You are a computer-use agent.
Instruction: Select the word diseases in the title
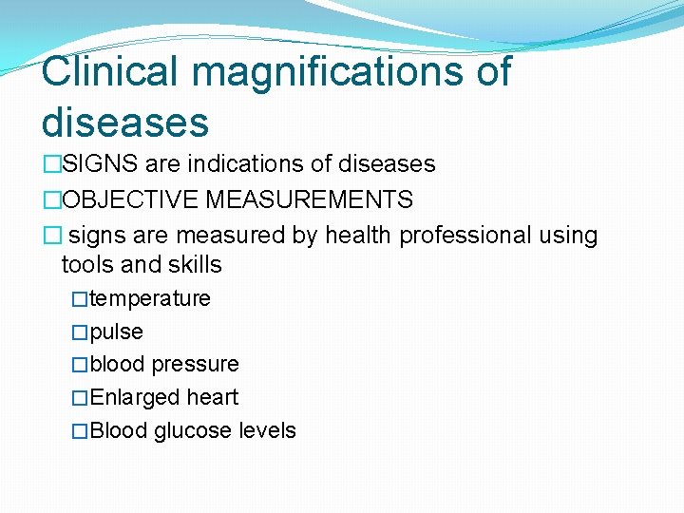[x=125, y=122]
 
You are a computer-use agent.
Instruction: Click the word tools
[x=86, y=264]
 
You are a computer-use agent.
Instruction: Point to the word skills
[x=194, y=264]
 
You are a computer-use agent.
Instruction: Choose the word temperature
[x=150, y=298]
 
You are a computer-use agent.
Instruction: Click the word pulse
[x=117, y=332]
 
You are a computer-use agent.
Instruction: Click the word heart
[x=213, y=398]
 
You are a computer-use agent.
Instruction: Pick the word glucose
[x=193, y=431]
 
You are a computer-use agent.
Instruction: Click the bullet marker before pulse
[x=80, y=332]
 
